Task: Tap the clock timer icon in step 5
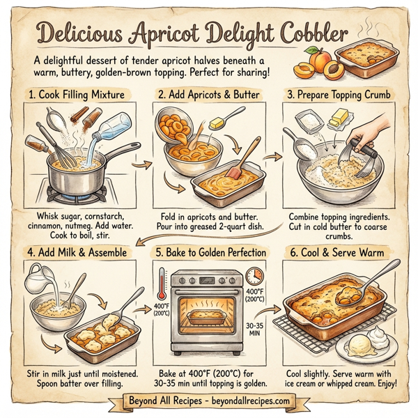255,273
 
